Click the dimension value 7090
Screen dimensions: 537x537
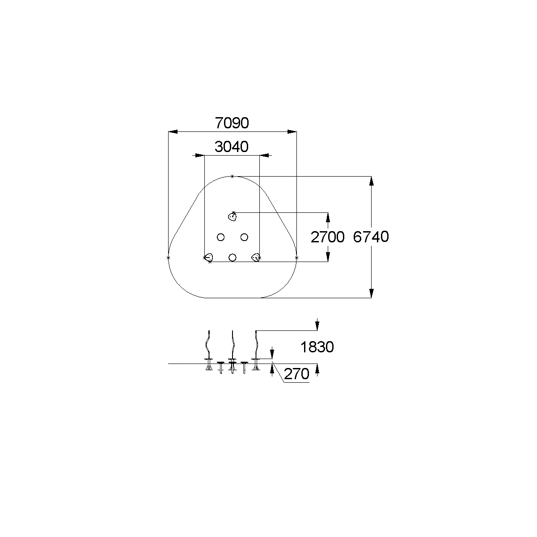pyautogui.click(x=232, y=123)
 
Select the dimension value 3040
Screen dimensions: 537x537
pyautogui.click(x=232, y=147)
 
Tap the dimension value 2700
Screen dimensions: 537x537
pyautogui.click(x=327, y=237)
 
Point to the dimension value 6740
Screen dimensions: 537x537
pyautogui.click(x=371, y=237)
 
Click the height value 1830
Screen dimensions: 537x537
pyautogui.click(x=317, y=347)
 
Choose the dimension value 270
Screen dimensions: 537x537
pyautogui.click(x=296, y=374)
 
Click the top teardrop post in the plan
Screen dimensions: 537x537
pyautogui.click(x=232, y=216)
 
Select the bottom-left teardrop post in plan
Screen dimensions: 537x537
pyautogui.click(x=209, y=258)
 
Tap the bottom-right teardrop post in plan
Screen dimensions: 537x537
pyautogui.click(x=256, y=258)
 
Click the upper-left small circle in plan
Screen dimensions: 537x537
pyautogui.click(x=220, y=237)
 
